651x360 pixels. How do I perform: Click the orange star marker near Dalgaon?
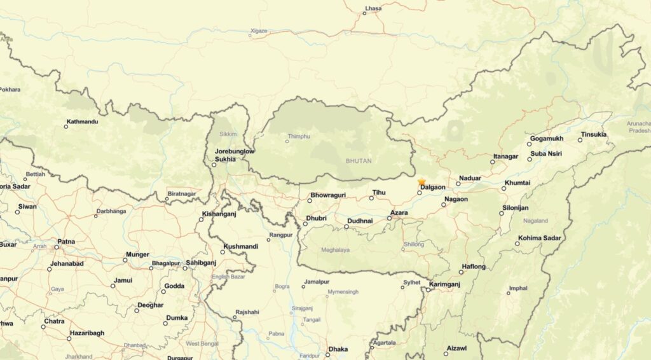421,183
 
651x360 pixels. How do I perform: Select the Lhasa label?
373,8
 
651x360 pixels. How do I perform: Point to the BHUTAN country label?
359,161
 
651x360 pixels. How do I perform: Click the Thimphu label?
299,136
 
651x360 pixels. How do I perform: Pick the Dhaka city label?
338,349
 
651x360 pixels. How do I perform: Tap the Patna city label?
66,242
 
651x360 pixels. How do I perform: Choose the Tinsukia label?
594,134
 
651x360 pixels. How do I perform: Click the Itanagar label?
506,156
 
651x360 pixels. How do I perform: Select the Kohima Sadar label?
539,238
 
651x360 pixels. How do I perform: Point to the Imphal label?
518,288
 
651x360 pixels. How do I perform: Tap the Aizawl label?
456,349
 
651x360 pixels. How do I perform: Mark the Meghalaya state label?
335,250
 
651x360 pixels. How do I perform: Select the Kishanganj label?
219,214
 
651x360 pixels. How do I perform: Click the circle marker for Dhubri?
305,224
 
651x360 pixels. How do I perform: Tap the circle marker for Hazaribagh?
69,338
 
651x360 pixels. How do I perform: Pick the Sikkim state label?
228,134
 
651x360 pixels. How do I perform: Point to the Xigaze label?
259,31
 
